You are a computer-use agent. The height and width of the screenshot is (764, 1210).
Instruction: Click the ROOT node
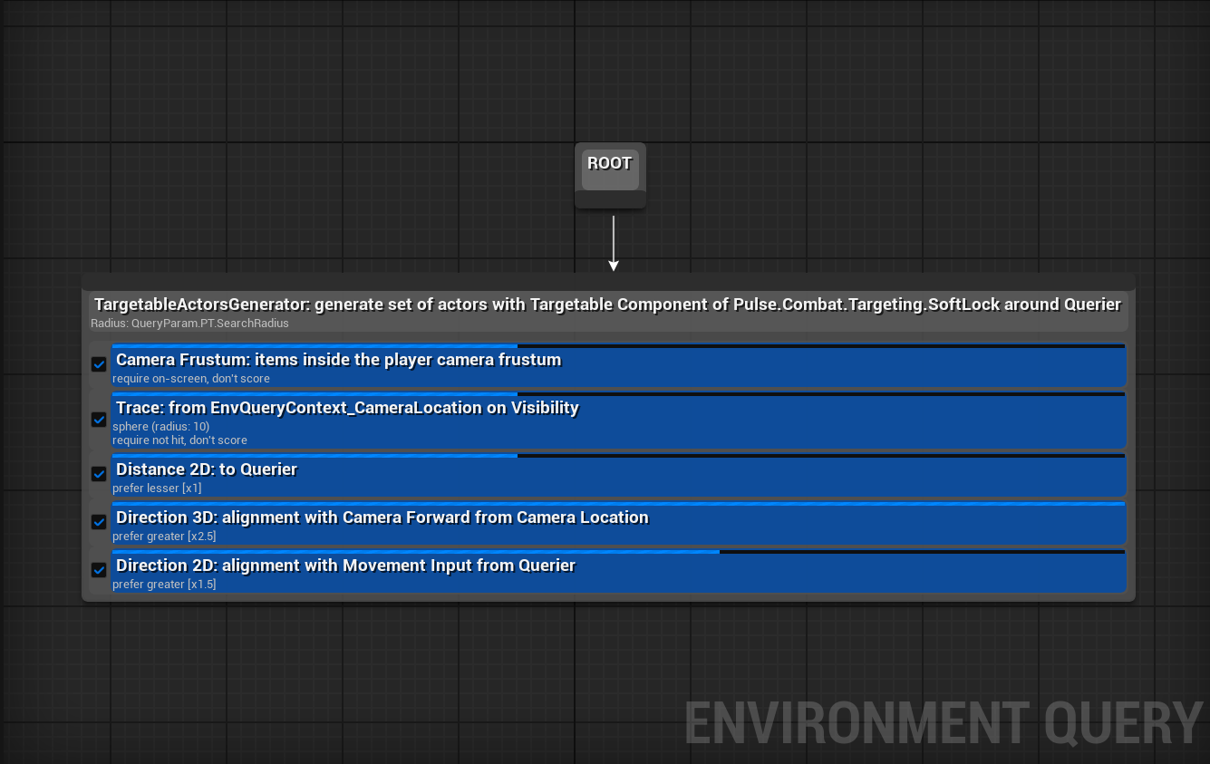click(610, 175)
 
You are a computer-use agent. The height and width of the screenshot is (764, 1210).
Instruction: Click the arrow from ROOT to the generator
click(613, 243)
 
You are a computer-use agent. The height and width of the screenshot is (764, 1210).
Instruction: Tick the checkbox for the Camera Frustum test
click(98, 364)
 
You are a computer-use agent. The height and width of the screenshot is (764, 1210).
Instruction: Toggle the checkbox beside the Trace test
click(98, 420)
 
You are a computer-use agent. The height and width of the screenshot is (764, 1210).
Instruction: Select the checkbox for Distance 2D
click(98, 474)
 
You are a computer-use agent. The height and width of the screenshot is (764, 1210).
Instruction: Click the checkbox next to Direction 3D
click(98, 522)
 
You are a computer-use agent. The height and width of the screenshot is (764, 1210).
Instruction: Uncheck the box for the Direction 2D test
click(98, 570)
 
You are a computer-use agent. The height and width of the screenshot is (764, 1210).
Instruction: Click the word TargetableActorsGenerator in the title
click(202, 305)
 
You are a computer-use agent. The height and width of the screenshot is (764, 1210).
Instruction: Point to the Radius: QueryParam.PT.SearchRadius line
click(189, 324)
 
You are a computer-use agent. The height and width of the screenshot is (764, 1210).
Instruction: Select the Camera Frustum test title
click(339, 360)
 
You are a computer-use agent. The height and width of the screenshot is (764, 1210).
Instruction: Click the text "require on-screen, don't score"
click(191, 379)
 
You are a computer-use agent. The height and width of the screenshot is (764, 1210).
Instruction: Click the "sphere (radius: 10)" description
click(161, 426)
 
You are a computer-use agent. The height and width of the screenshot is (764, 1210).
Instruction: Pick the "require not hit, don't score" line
click(179, 440)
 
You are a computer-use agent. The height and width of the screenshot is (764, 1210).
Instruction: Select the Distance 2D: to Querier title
click(207, 469)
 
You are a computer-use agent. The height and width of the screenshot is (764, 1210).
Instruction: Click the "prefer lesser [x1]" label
click(157, 488)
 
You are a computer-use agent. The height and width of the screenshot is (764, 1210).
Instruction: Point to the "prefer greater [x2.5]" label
click(164, 537)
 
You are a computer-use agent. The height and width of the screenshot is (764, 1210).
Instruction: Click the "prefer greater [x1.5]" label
click(164, 585)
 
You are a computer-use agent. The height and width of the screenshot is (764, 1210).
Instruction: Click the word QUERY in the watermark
click(1124, 723)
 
